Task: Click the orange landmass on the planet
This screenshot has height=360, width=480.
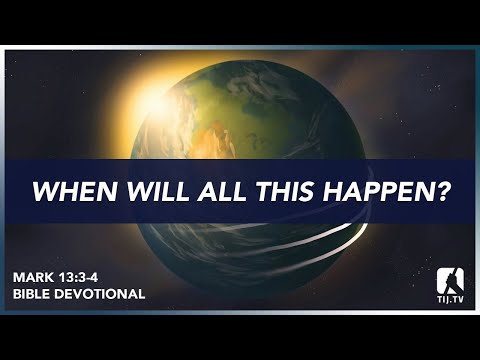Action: (x=214, y=130)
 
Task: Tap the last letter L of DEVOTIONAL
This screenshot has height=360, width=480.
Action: (x=142, y=295)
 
